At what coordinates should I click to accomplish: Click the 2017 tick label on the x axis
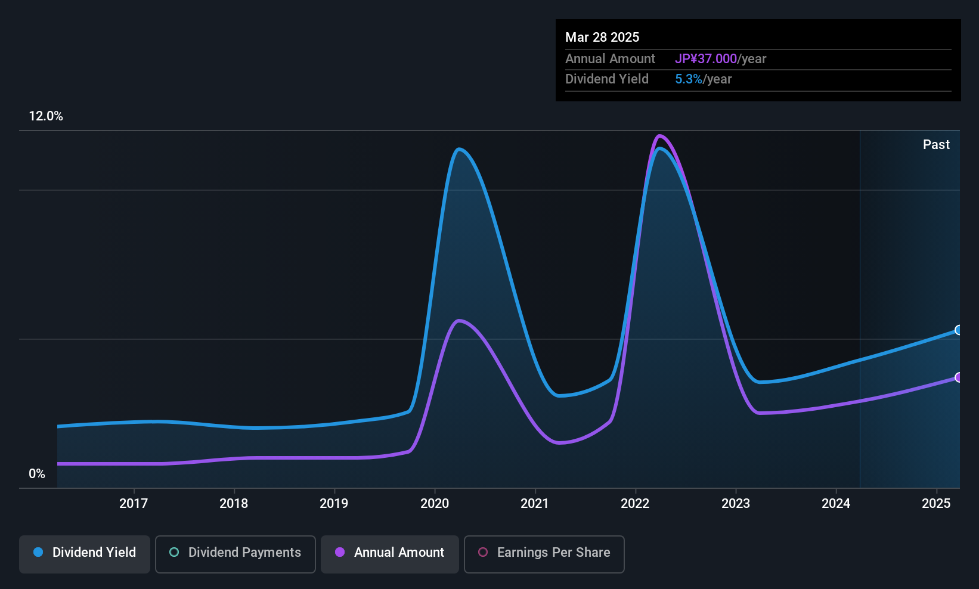tap(133, 503)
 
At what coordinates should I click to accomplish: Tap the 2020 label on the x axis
tap(434, 503)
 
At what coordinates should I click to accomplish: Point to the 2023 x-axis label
tap(735, 503)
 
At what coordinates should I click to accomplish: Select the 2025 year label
tap(935, 503)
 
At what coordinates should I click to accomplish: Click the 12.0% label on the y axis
tap(46, 116)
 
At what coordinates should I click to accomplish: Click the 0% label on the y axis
tap(37, 474)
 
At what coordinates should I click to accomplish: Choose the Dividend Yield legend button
tap(85, 553)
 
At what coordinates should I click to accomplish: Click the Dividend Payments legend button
tap(235, 553)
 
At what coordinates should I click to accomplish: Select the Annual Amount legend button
tap(390, 553)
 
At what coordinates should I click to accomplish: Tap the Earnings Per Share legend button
tap(544, 553)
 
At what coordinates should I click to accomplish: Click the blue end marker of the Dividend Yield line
tap(958, 330)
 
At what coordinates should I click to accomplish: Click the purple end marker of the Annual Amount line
tap(958, 377)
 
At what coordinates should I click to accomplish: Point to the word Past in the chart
tap(935, 145)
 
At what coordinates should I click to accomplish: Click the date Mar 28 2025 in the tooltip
tap(602, 38)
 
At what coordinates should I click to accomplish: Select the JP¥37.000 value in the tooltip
tap(706, 59)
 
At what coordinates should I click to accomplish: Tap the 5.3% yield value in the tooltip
tap(689, 79)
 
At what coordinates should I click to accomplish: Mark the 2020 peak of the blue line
tap(458, 149)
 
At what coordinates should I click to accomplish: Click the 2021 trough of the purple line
tap(558, 443)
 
